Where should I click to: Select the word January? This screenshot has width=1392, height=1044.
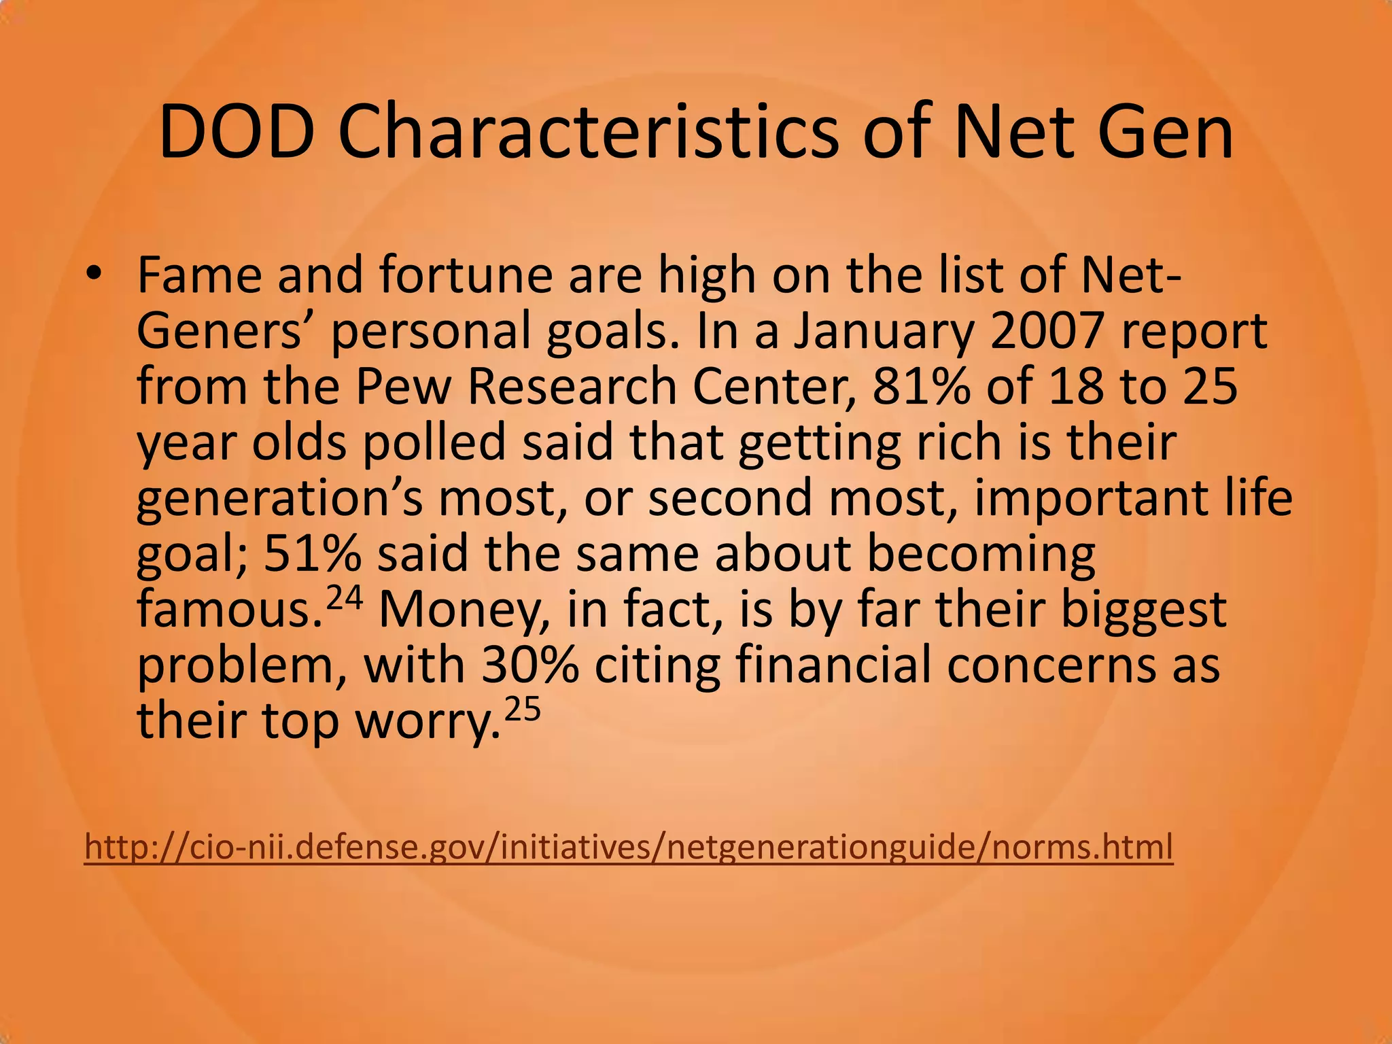(x=883, y=332)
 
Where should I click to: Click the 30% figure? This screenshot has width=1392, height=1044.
(x=530, y=665)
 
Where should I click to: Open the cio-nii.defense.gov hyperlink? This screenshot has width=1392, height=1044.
(x=629, y=848)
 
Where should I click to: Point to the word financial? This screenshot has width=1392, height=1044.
(x=833, y=665)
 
